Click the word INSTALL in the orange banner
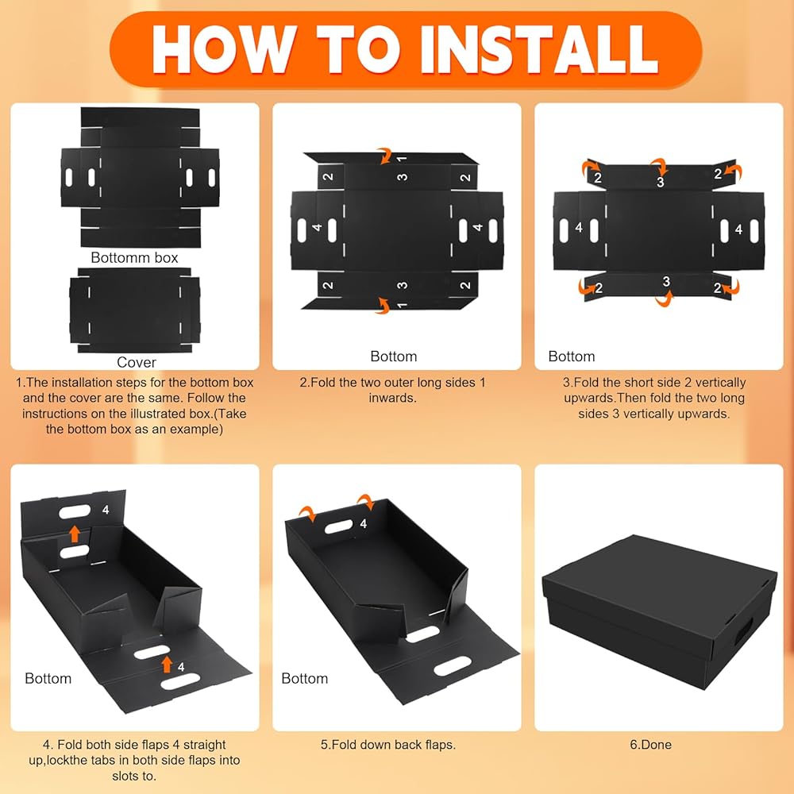click(539, 49)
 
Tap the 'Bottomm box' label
click(134, 258)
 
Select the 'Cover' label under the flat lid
click(137, 362)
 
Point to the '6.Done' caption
click(651, 745)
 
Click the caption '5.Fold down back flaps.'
click(388, 745)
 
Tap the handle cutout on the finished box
click(743, 631)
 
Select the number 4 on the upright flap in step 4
click(106, 510)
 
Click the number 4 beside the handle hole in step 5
click(363, 523)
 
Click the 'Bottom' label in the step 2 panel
click(394, 357)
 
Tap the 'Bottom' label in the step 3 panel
click(571, 357)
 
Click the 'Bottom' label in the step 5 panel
click(304, 679)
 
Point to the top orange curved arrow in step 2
click(385, 156)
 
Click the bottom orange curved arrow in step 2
click(383, 306)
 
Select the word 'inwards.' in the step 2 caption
click(392, 398)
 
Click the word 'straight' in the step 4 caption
click(205, 745)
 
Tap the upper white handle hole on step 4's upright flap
click(75, 511)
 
